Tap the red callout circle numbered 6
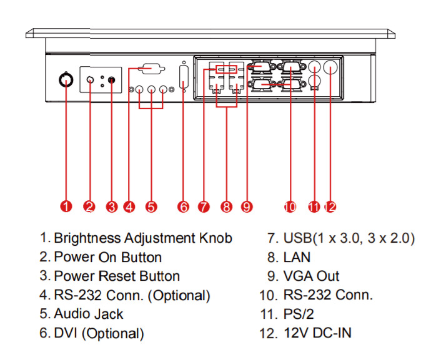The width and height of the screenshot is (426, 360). tap(183, 207)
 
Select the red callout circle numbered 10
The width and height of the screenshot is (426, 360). tap(289, 207)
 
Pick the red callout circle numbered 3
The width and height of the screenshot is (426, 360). tap(112, 207)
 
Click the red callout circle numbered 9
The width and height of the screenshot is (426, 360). tap(247, 207)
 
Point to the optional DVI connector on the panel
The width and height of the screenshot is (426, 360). tap(184, 79)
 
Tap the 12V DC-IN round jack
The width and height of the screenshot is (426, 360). tap(330, 67)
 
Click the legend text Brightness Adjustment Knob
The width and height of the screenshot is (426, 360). tap(143, 238)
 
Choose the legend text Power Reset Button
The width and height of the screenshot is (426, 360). tap(117, 276)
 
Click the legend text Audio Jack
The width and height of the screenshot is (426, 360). tap(89, 314)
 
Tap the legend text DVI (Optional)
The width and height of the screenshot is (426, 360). tap(99, 333)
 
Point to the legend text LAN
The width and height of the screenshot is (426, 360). tap(297, 256)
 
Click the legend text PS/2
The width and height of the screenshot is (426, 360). tap(299, 314)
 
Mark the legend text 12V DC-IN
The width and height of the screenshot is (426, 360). tap(318, 333)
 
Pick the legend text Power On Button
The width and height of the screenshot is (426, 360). tap(108, 256)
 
